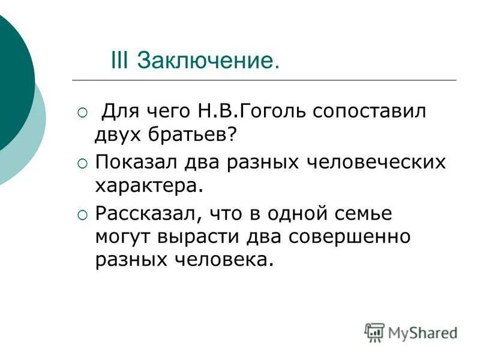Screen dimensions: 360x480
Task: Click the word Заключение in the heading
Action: (208, 60)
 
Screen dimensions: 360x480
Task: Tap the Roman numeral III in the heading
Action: (122, 60)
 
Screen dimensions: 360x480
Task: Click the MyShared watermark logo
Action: (411, 332)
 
